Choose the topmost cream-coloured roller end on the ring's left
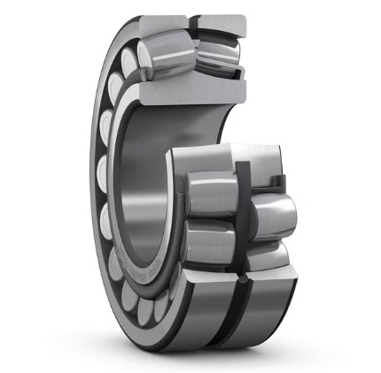(133, 59)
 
